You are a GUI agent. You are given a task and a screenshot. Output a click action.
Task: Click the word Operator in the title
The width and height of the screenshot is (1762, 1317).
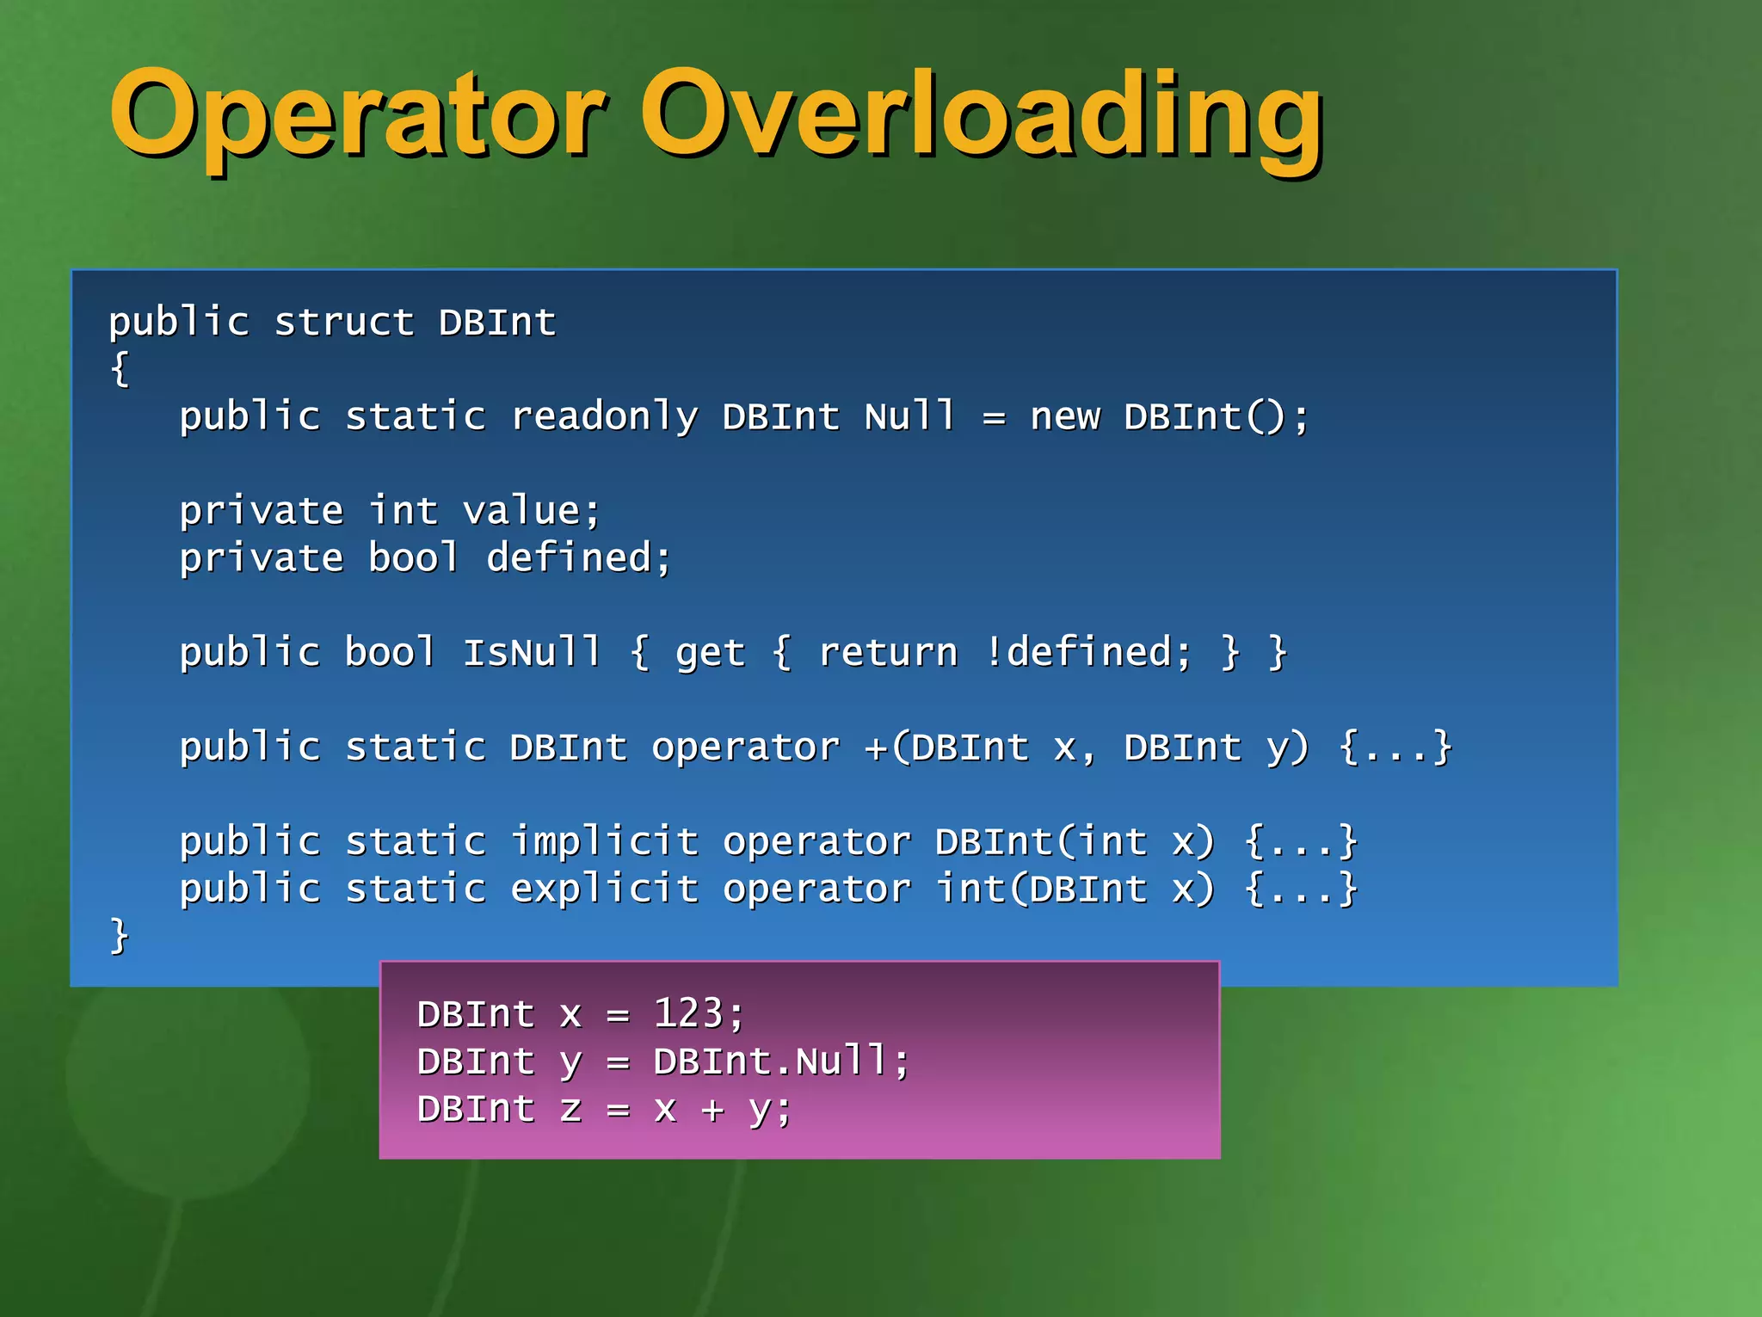[x=357, y=114]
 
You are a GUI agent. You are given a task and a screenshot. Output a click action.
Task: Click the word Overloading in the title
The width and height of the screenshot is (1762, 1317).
[x=981, y=114]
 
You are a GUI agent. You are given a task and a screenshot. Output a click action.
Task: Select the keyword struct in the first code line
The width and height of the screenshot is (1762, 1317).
[x=344, y=323]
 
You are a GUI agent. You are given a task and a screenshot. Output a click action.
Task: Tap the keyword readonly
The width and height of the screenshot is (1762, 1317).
[x=604, y=418]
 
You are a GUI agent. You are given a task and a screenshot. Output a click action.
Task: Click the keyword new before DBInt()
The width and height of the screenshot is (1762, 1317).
[x=1065, y=418]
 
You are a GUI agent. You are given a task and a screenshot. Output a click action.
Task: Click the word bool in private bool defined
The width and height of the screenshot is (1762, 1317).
[x=414, y=559]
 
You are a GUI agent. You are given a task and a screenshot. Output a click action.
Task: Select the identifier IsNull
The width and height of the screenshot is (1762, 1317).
[x=532, y=653]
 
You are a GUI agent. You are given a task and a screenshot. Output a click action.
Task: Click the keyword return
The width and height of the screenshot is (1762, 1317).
[x=888, y=653]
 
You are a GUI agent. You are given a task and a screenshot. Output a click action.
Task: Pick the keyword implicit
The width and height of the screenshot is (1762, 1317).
[x=604, y=842]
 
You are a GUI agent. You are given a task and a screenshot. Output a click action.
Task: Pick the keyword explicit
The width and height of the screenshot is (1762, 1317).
[x=604, y=889]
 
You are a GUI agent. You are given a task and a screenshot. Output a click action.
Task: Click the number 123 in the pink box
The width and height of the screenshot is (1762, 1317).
[x=688, y=1014]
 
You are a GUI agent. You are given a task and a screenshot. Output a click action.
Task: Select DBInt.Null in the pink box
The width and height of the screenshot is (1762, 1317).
[x=770, y=1062]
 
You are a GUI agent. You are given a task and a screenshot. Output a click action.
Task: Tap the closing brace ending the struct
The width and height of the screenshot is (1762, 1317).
[x=120, y=937]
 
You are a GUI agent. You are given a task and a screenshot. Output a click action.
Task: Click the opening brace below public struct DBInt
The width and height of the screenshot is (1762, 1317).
[x=120, y=370]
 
